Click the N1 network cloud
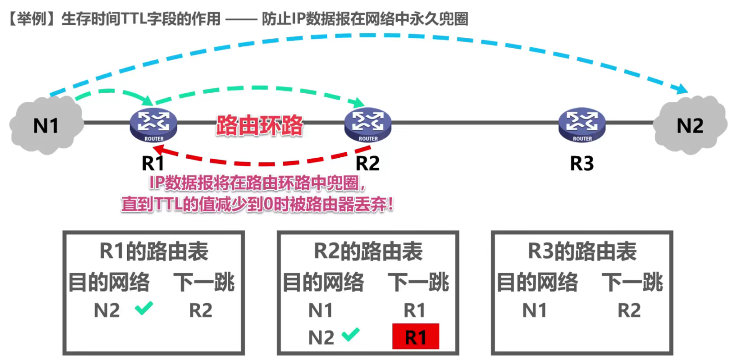point(45,125)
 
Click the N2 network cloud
point(690,125)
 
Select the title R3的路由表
point(582,252)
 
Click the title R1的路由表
point(153,252)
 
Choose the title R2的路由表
point(368,252)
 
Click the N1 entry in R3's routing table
point(534,311)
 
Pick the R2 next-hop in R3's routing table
point(629,311)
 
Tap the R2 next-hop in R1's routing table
point(201,311)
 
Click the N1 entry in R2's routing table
point(320,311)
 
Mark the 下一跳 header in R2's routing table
point(418,282)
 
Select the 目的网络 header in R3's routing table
point(537,282)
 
